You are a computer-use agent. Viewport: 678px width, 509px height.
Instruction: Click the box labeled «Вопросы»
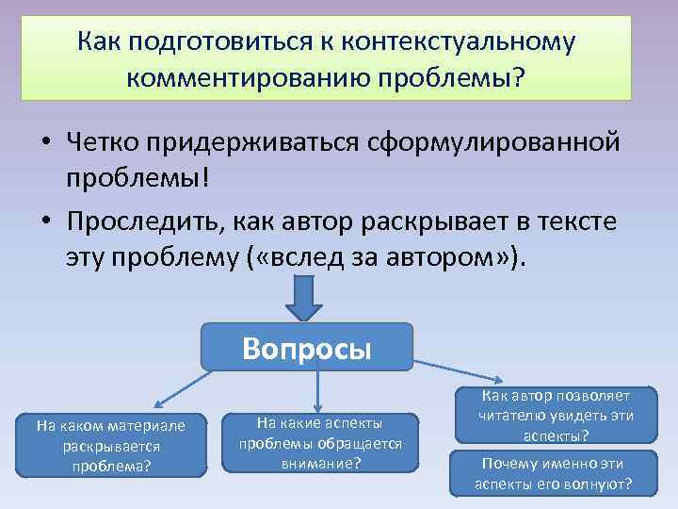(x=307, y=348)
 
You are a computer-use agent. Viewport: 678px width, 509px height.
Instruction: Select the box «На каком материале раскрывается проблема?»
(x=111, y=445)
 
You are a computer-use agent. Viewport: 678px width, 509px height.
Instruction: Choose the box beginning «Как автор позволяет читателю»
(x=555, y=416)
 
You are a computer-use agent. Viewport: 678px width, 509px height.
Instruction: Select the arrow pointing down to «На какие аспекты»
(x=319, y=390)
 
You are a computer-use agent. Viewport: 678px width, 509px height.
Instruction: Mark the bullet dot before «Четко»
(x=45, y=144)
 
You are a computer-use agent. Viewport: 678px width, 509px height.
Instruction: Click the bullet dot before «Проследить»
(x=45, y=222)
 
